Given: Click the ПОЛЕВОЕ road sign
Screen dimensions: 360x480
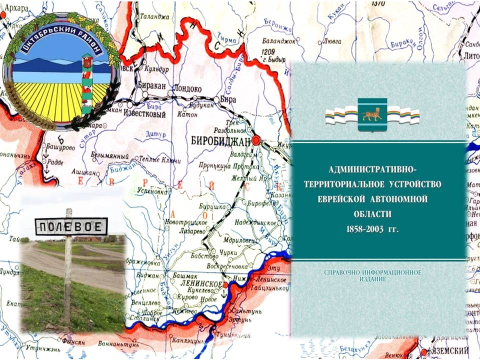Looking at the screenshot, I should pyautogui.click(x=71, y=227).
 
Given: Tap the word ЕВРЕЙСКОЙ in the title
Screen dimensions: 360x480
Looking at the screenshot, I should pyautogui.click(x=348, y=199).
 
